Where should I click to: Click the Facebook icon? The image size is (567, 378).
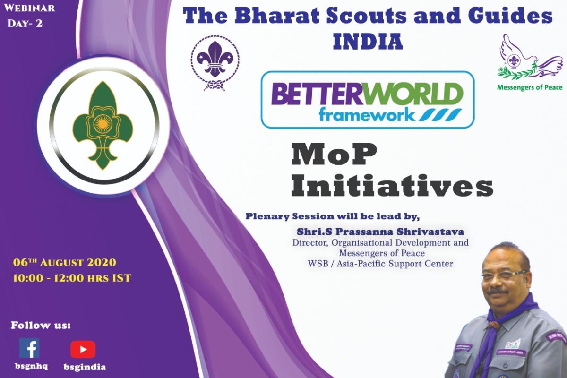coord(29,348)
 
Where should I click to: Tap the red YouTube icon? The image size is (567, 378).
coord(83,349)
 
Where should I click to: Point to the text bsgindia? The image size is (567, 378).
coord(85,367)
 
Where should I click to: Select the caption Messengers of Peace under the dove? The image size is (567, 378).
coord(529,87)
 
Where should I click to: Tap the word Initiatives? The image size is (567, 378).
coord(391,188)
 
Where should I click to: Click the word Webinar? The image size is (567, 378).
coord(31,8)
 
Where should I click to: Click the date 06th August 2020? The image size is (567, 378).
coord(65,262)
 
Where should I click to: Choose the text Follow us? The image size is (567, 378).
coord(41,326)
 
